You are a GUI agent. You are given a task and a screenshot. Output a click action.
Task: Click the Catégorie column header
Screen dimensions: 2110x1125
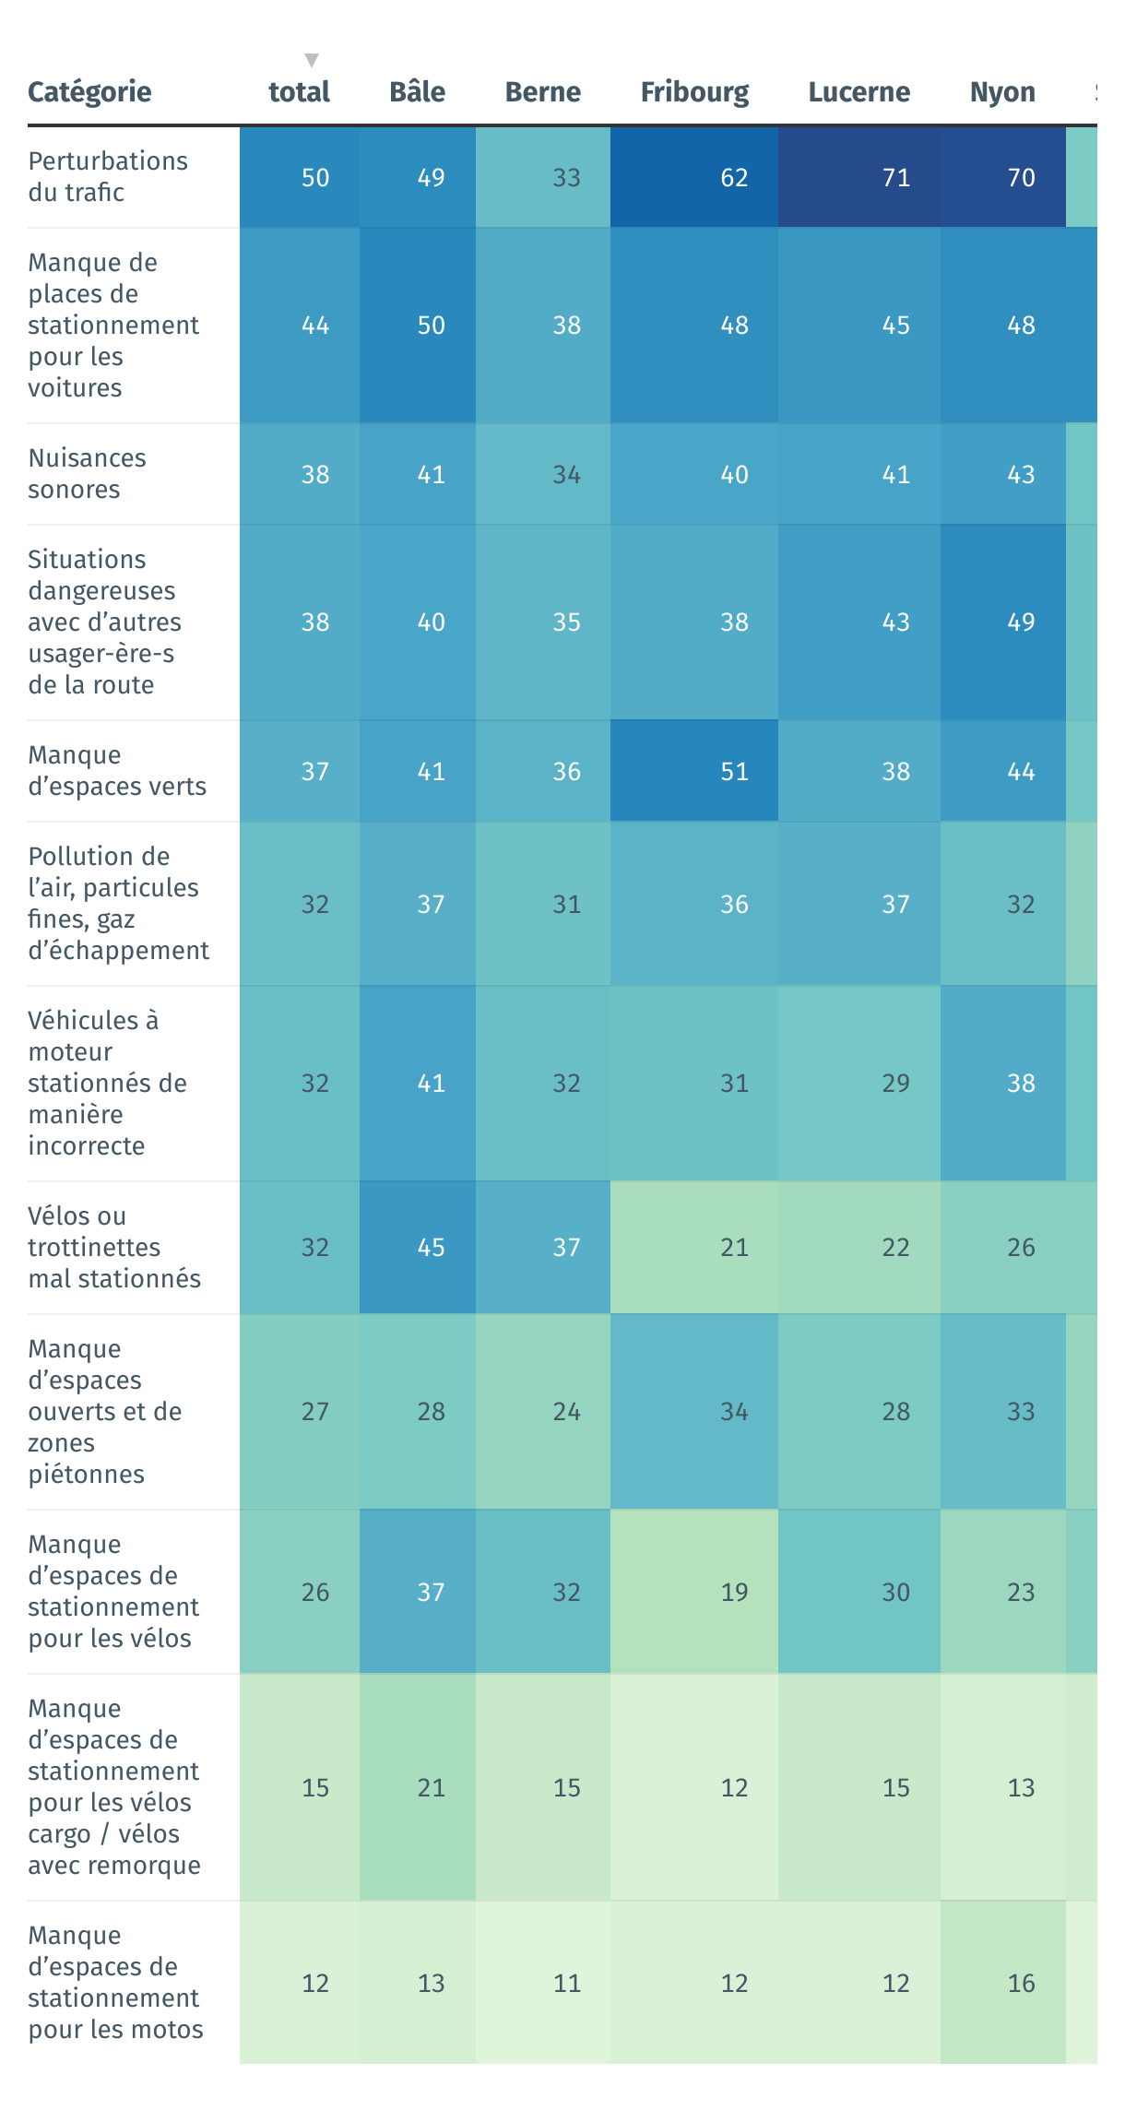click(x=89, y=92)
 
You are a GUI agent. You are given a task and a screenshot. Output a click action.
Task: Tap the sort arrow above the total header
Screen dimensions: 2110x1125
click(x=312, y=61)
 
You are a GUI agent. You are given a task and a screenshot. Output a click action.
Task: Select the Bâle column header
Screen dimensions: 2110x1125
click(x=417, y=92)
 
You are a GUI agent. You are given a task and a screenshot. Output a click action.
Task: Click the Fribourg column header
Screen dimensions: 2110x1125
click(x=694, y=92)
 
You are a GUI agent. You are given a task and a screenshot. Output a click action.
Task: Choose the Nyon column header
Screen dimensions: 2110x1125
click(x=1002, y=92)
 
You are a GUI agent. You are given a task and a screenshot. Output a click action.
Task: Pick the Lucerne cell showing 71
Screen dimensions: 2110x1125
click(x=895, y=177)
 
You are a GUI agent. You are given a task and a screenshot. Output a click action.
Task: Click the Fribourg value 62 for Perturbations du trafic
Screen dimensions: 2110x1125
click(x=734, y=177)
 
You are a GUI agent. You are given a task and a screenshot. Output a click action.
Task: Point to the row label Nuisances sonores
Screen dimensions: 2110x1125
click(x=88, y=474)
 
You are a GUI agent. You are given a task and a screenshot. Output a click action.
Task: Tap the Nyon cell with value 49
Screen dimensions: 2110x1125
click(x=1021, y=622)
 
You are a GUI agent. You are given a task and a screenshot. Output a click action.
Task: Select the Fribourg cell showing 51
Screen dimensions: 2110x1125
click(x=734, y=771)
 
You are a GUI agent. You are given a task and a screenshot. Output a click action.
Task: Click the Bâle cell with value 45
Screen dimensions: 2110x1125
click(x=431, y=1247)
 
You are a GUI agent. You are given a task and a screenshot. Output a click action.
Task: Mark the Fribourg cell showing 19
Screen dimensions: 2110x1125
click(x=734, y=1592)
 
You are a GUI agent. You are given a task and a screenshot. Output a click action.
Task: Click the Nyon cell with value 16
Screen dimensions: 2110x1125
click(x=1021, y=1983)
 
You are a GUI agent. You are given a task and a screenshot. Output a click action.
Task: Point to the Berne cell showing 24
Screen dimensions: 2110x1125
click(x=566, y=1411)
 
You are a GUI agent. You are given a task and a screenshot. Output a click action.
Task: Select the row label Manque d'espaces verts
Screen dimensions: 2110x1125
click(x=117, y=771)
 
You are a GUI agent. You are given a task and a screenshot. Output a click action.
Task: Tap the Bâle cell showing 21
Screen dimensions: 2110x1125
click(x=431, y=1787)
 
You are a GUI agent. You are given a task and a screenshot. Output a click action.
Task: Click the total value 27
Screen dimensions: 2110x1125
click(x=315, y=1411)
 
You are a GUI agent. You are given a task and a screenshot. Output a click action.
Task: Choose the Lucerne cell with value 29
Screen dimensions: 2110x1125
click(x=895, y=1083)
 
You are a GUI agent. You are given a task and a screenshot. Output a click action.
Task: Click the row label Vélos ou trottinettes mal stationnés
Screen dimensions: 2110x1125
click(x=114, y=1247)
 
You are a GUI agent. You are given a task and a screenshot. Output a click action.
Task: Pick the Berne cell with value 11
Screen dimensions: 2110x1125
click(x=566, y=1983)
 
